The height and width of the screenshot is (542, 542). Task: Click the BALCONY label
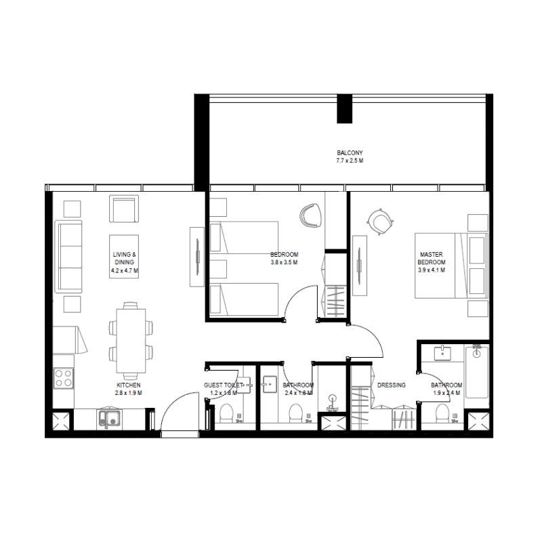pyautogui.click(x=350, y=153)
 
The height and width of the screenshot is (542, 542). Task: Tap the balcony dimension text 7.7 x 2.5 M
pyautogui.click(x=350, y=161)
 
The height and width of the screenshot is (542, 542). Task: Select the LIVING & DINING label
pyautogui.click(x=125, y=258)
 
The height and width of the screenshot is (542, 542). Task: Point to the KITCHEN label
pyautogui.click(x=128, y=385)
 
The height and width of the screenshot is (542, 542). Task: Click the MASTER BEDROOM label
pyautogui.click(x=431, y=258)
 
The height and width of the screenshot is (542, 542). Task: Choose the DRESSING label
pyautogui.click(x=392, y=385)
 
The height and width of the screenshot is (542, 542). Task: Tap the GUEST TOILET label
pyautogui.click(x=223, y=385)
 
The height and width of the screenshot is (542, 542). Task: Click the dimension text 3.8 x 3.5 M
pyautogui.click(x=284, y=262)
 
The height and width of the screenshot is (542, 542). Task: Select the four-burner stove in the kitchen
pyautogui.click(x=63, y=377)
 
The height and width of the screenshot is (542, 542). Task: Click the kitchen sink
pyautogui.click(x=108, y=418)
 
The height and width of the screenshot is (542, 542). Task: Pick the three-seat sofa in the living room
pyautogui.click(x=68, y=257)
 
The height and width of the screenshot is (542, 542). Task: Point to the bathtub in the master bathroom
pyautogui.click(x=476, y=373)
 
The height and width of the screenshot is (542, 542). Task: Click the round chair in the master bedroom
pyautogui.click(x=379, y=221)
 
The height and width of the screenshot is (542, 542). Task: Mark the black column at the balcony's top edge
pyautogui.click(x=345, y=108)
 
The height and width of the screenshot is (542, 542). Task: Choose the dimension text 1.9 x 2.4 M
pyautogui.click(x=447, y=393)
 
